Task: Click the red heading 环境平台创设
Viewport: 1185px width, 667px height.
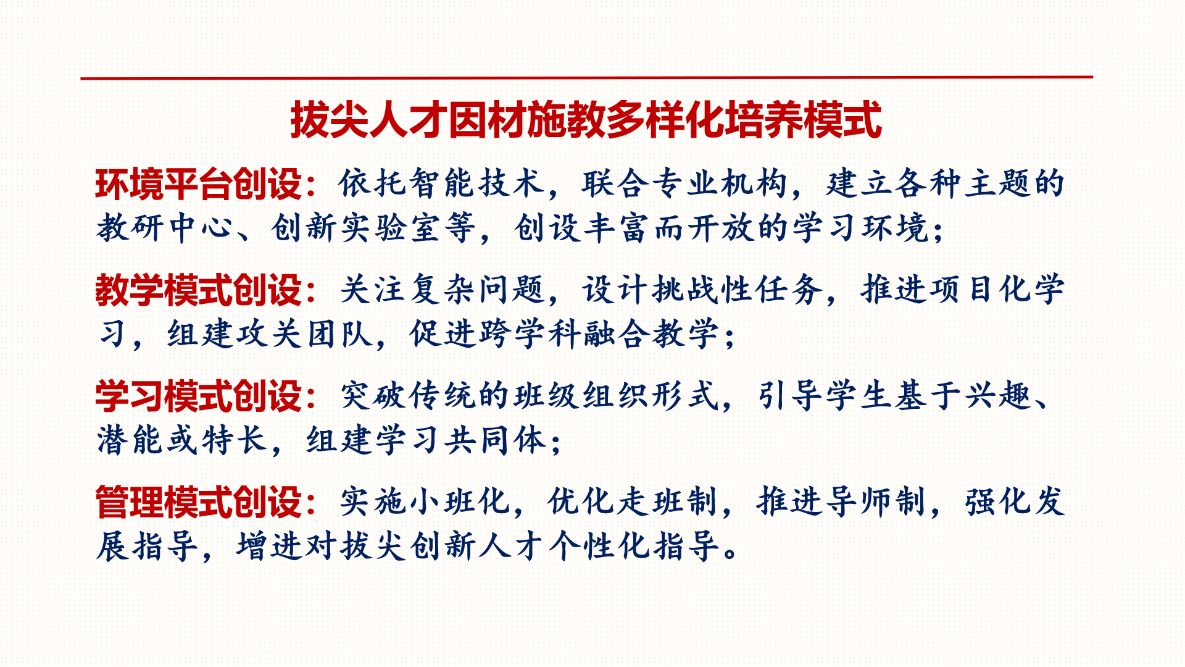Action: coord(198,184)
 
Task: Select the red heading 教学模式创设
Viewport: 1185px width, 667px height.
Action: coord(198,290)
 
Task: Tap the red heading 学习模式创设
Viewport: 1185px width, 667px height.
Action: coord(198,396)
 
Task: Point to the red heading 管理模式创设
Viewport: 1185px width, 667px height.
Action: coord(198,502)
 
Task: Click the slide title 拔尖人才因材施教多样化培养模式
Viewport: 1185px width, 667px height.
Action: coord(586,120)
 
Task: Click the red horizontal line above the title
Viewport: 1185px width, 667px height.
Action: coord(586,78)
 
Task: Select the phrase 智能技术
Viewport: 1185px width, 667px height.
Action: coord(476,183)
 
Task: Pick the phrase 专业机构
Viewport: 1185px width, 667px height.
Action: coord(719,183)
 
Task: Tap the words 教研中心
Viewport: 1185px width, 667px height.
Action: coord(165,228)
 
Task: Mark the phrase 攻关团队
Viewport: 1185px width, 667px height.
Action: coord(304,334)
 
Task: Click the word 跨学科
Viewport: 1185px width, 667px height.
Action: coord(530,334)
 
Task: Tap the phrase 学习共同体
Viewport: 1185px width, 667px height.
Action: coord(460,440)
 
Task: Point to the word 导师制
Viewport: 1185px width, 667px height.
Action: coord(875,501)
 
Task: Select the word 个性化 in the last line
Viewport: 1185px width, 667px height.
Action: coord(599,546)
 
